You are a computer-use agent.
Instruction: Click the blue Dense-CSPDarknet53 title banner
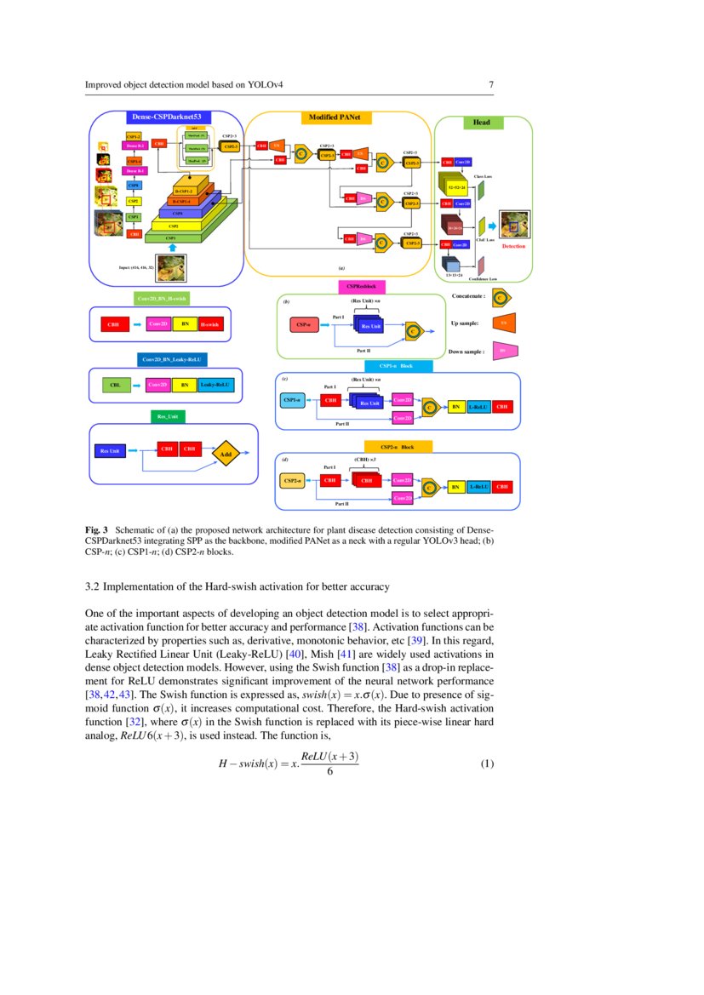pos(166,117)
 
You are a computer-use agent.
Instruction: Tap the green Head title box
pos(481,123)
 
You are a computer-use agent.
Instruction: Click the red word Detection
pos(513,246)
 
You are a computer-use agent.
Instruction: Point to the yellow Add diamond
pos(226,455)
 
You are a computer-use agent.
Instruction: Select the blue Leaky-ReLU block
pos(217,386)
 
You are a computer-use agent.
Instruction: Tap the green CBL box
pos(115,386)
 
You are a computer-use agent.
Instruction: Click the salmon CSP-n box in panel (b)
pos(302,324)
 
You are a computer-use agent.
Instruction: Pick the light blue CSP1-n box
pos(292,399)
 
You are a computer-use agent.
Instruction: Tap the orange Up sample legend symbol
pos(502,323)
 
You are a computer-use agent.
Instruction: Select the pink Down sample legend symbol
pos(502,350)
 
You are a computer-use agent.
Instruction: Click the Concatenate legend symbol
pos(502,296)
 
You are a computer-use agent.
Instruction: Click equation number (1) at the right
pos(487,763)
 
